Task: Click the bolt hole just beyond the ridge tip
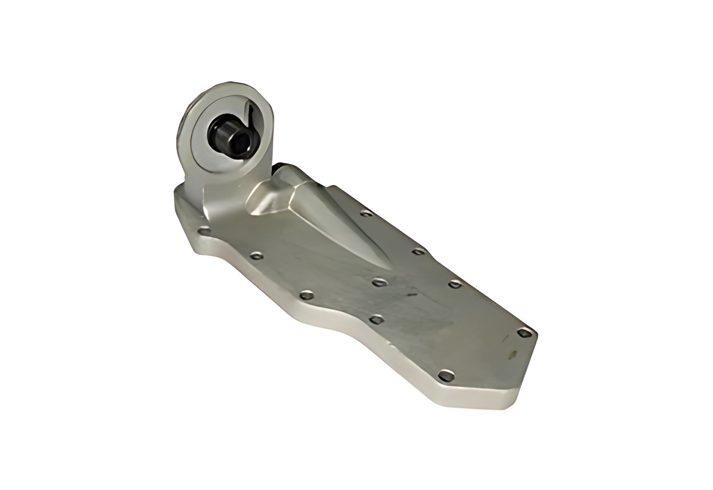(379, 283)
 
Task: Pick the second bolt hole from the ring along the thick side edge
(257, 257)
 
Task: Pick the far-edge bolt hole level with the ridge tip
(454, 284)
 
